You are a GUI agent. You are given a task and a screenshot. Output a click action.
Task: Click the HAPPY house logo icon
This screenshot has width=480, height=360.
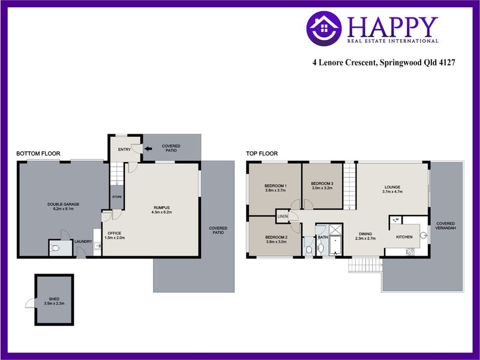pyautogui.click(x=324, y=29)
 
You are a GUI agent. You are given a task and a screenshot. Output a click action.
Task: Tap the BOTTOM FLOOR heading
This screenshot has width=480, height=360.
pyautogui.click(x=38, y=154)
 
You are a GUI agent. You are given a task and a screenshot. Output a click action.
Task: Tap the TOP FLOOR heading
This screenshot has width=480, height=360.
pyautogui.click(x=262, y=154)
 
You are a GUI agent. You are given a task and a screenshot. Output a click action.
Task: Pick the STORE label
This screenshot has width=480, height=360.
pyautogui.click(x=117, y=196)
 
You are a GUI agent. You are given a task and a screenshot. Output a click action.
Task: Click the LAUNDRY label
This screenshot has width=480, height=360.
pyautogui.click(x=83, y=242)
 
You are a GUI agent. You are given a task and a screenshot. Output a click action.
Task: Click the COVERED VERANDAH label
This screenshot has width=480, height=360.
pyautogui.click(x=446, y=226)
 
